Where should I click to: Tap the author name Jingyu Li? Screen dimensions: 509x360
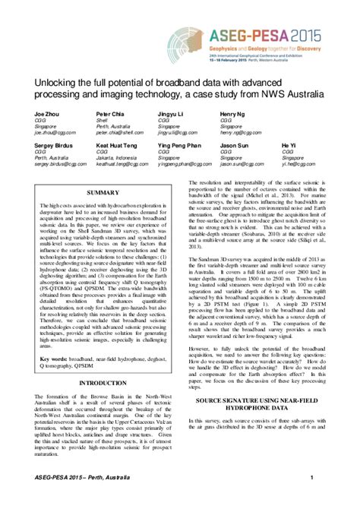click(x=171, y=112)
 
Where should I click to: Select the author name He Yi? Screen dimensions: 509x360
click(x=289, y=144)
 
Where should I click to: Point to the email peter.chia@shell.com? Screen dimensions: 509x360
click(x=123, y=131)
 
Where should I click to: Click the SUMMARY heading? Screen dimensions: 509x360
click(x=103, y=193)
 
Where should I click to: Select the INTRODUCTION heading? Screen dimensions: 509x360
click(x=103, y=384)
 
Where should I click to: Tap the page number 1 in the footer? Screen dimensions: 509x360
click(x=312, y=476)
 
